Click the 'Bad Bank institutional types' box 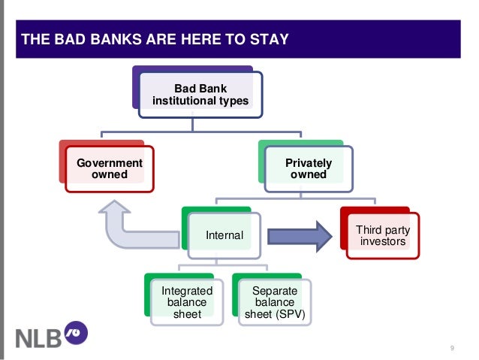click(200, 95)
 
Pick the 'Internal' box click(224, 235)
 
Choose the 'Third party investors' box click(381, 236)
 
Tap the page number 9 click(452, 347)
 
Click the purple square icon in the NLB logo click(77, 331)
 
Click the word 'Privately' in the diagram click(309, 163)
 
